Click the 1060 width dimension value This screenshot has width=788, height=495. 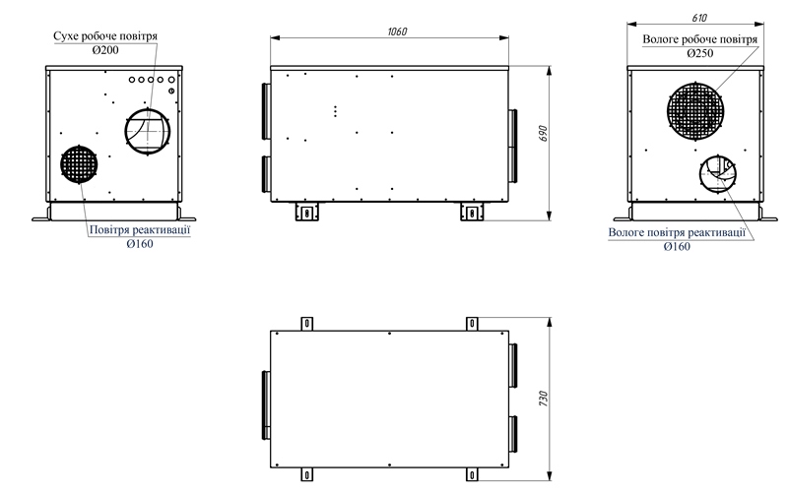point(397,31)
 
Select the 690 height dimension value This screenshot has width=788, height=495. point(543,133)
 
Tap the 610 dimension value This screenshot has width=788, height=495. point(699,18)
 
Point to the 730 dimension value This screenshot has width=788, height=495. point(543,399)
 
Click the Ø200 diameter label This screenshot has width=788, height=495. point(105,50)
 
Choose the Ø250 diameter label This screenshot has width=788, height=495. point(700,53)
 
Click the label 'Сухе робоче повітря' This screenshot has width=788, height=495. point(105,36)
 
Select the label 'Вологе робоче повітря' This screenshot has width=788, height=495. point(700,39)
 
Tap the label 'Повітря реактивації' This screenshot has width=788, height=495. point(140,230)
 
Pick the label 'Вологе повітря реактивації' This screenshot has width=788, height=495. point(677,232)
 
